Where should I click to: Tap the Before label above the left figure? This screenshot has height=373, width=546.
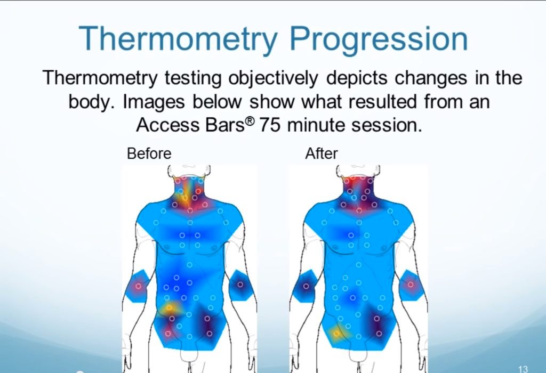pyautogui.click(x=149, y=153)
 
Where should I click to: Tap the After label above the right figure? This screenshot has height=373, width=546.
pyautogui.click(x=322, y=153)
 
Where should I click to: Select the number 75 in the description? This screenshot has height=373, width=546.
pyautogui.click(x=269, y=125)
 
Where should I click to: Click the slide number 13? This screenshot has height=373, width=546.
pyautogui.click(x=523, y=369)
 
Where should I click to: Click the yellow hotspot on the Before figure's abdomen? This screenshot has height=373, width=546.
pyautogui.click(x=170, y=308)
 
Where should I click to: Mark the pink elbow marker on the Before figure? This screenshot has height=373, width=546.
pyautogui.click(x=138, y=287)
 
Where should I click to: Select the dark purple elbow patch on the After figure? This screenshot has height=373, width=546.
pyautogui.click(x=306, y=286)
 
